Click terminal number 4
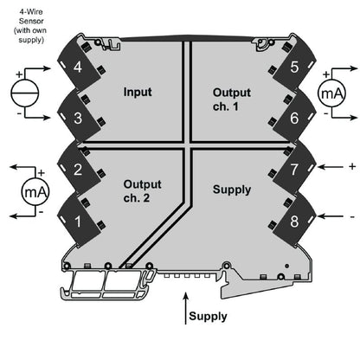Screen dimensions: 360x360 (79, 67)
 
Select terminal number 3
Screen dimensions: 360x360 (79, 117)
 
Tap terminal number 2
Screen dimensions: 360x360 (79, 170)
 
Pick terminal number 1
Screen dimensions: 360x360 (79, 221)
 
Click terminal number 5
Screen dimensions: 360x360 (294, 67)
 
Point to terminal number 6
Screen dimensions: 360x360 (294, 117)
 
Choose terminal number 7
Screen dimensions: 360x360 (294, 170)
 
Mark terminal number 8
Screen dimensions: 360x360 (294, 221)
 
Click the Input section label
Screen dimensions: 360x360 (138, 92)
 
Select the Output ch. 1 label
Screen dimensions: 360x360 (231, 100)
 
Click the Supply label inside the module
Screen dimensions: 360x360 (231, 189)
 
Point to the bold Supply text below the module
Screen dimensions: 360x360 (208, 316)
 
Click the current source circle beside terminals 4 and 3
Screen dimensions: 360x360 (24, 92)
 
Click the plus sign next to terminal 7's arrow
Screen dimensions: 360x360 (350, 165)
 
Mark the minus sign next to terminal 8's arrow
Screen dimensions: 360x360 (350, 214)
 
